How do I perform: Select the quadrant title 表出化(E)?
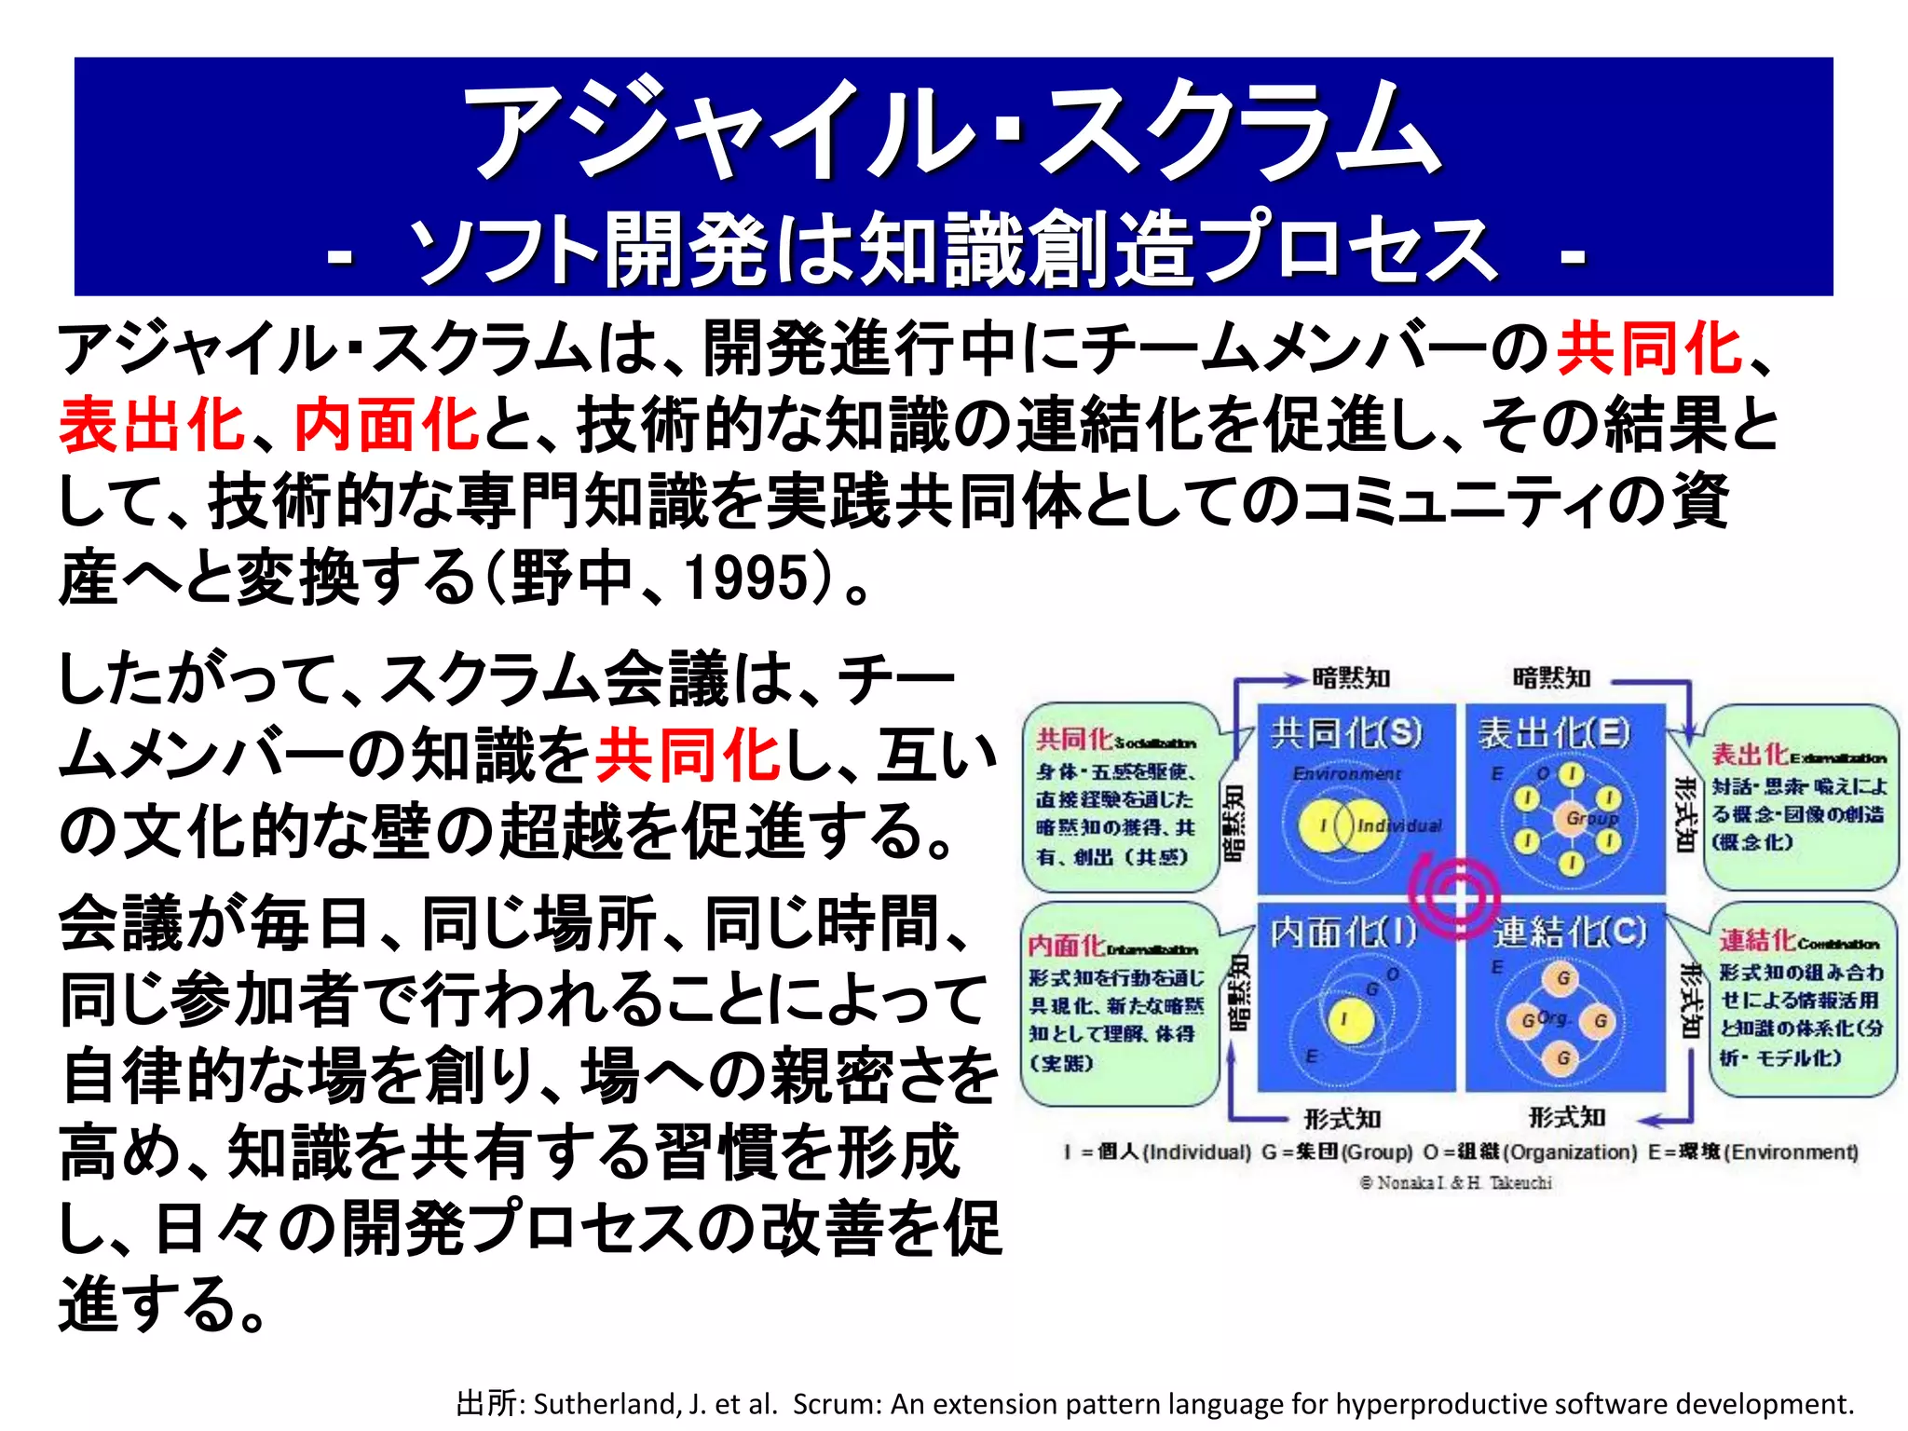1555,733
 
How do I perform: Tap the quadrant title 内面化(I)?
1342,932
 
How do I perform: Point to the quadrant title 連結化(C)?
1571,932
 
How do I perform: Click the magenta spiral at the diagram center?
1455,895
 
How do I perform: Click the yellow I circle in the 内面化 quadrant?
1344,1019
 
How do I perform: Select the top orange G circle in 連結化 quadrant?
1562,978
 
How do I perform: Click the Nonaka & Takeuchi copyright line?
1455,1183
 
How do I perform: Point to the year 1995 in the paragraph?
744,578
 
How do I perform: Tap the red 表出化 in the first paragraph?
152,425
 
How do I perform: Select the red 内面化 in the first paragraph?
387,425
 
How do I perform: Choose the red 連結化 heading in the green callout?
1757,941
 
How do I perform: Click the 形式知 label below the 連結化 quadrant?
1567,1116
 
